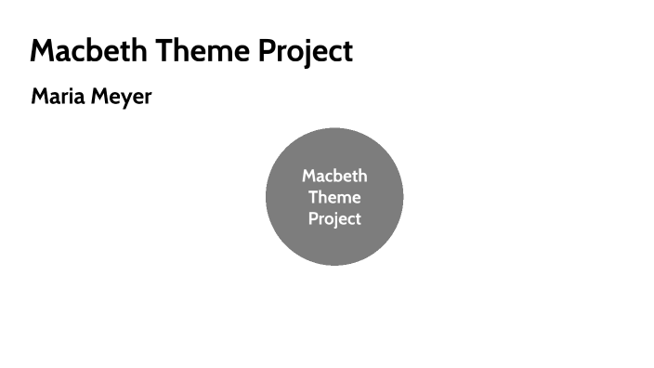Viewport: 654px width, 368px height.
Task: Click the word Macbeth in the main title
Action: (x=88, y=50)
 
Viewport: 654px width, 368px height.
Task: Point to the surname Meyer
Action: (x=121, y=97)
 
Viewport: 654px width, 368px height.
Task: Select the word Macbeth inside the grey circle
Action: (x=334, y=176)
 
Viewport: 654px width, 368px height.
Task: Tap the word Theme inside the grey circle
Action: (x=334, y=197)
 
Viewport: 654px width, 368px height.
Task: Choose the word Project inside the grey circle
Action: (x=334, y=219)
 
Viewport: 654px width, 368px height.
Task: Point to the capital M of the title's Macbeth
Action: (x=43, y=50)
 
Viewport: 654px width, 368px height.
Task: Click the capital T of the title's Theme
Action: (x=163, y=50)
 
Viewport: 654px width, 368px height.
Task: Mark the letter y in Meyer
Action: (x=125, y=99)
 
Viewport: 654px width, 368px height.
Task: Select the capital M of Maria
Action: (x=39, y=96)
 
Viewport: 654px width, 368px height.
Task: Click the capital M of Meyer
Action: (x=98, y=96)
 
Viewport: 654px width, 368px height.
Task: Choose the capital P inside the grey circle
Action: (x=313, y=219)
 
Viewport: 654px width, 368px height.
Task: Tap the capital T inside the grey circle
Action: (x=313, y=197)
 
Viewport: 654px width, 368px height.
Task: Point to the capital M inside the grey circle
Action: (x=308, y=176)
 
